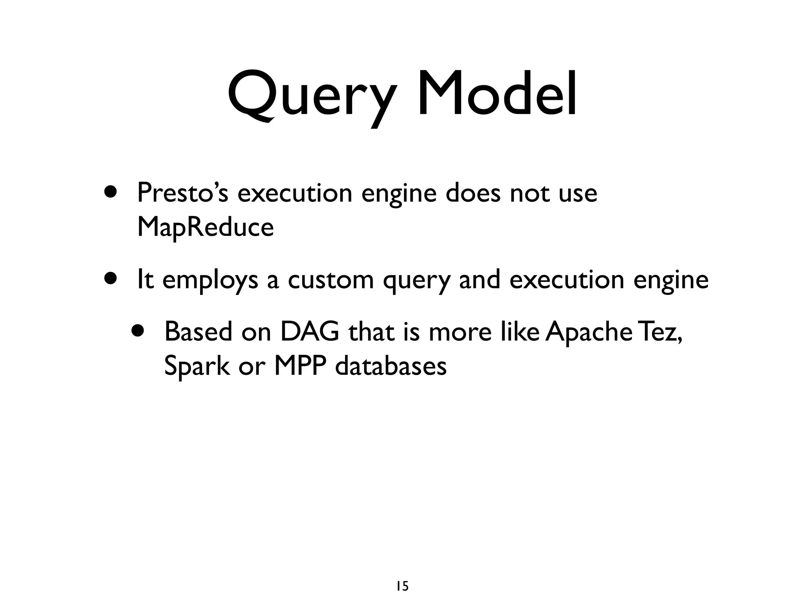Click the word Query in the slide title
point(311,96)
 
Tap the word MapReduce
point(205,228)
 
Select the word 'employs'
point(210,281)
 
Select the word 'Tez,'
point(660,331)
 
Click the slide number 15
point(402,575)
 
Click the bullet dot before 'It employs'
point(111,278)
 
